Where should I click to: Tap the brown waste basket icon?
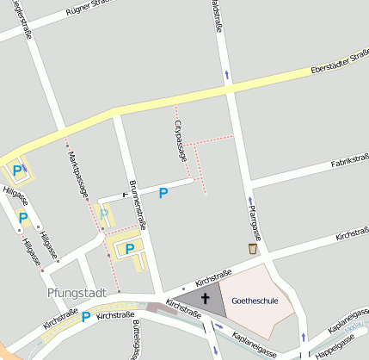coord(252,249)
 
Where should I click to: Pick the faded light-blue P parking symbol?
coord(104,214)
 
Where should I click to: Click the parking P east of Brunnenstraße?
coord(163,194)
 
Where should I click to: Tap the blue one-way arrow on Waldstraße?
coord(226,74)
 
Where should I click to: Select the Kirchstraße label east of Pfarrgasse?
coord(352,234)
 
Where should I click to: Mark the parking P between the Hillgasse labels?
coord(23,218)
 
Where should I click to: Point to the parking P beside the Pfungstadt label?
coord(85,317)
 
